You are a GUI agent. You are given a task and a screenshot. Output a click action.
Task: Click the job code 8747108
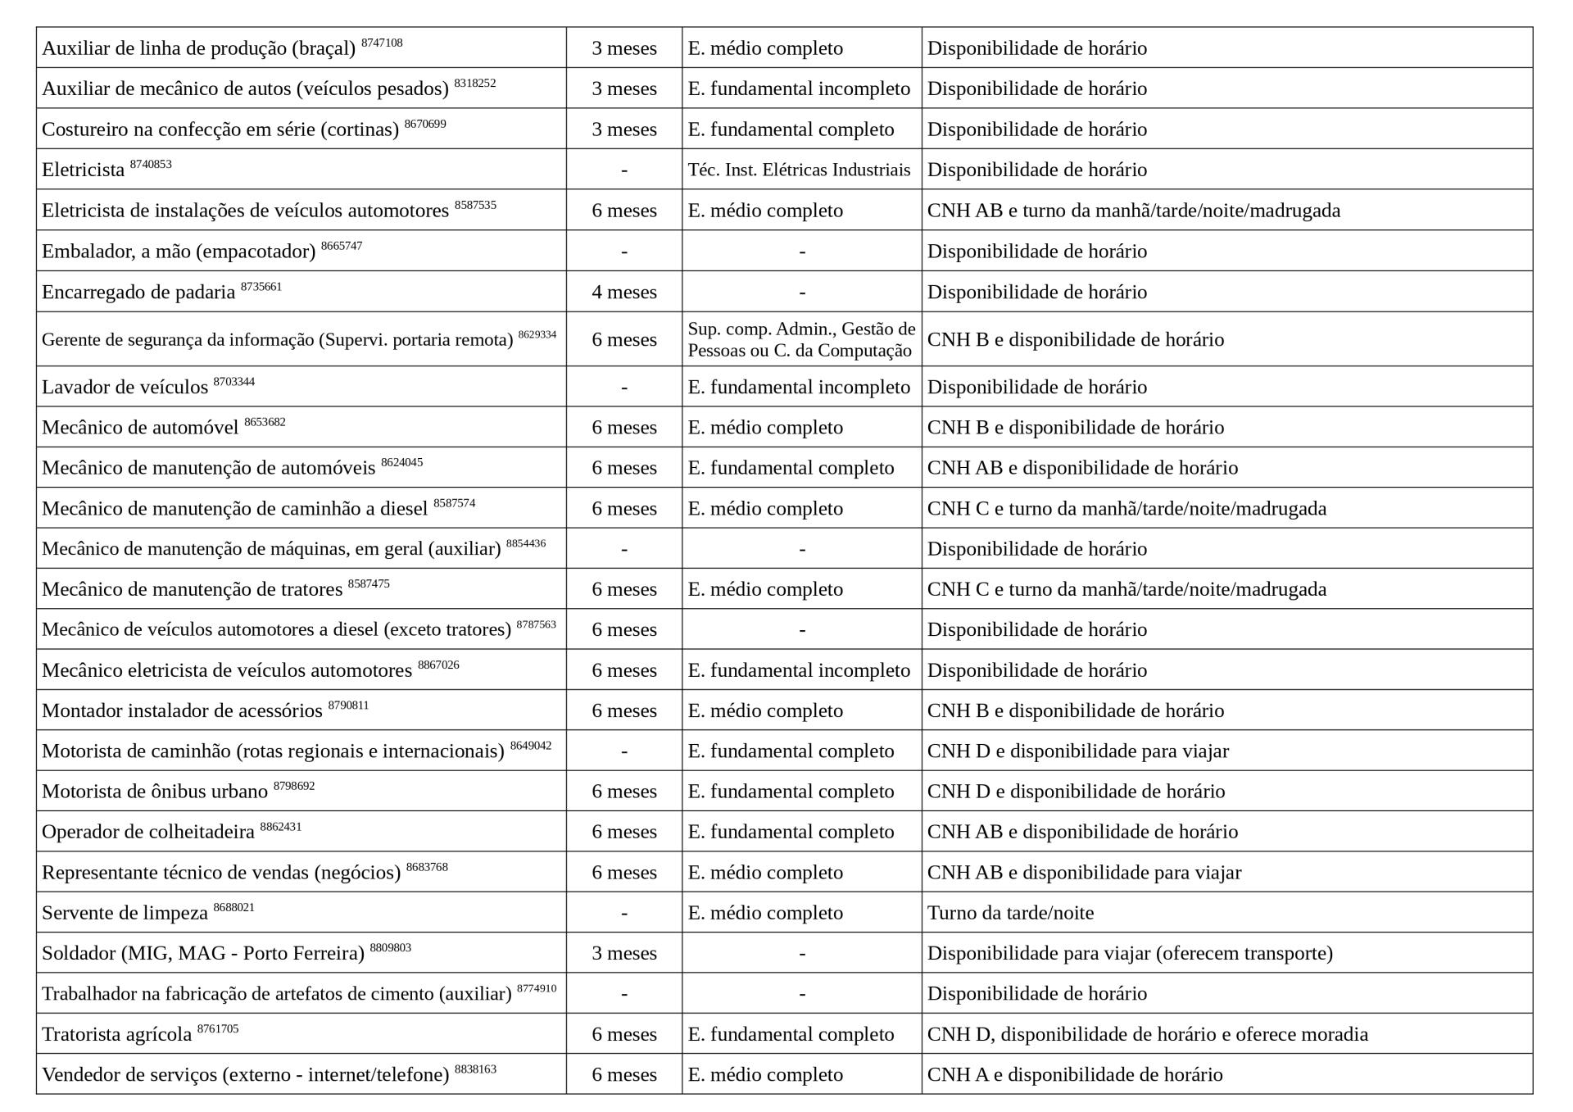coord(382,43)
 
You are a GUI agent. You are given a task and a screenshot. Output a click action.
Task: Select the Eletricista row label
coord(83,170)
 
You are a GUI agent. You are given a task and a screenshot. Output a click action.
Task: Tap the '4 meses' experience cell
coord(624,293)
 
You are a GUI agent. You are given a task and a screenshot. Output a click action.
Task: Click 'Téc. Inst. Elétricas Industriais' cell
coord(799,170)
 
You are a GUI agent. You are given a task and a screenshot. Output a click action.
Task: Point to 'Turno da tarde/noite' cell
coord(1010,913)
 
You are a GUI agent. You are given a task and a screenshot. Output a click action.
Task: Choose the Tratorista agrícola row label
coord(116,1035)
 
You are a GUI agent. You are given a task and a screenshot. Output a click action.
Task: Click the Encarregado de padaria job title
coord(138,293)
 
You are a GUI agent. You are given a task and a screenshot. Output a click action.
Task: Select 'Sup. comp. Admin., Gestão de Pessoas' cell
coord(801,339)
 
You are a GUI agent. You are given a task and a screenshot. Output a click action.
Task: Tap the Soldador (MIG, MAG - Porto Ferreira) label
coord(202,954)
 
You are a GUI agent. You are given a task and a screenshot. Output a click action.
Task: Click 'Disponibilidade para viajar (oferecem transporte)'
coord(1130,953)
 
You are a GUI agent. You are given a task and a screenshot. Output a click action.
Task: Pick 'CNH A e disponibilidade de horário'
coord(1075,1074)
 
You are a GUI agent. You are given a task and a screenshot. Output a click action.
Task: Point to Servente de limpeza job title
coord(125,913)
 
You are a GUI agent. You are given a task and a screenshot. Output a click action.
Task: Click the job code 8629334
coord(537,334)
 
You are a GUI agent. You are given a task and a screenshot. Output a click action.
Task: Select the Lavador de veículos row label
coord(125,387)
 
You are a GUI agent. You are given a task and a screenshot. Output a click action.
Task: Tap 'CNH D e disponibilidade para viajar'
coord(1077,751)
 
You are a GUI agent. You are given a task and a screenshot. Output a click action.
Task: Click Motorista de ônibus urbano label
coord(155,792)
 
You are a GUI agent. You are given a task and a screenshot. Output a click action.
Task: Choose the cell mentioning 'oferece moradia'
coord(1147,1034)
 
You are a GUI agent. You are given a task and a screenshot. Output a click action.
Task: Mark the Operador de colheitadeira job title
coord(148,832)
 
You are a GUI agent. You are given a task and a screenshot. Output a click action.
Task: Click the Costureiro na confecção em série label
coord(220,129)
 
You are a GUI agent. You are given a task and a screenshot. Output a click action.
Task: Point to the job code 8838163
coord(475,1069)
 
